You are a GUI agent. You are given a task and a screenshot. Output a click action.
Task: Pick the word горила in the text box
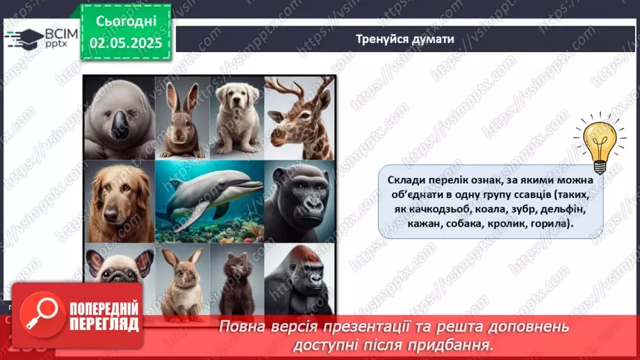coord(543,224)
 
